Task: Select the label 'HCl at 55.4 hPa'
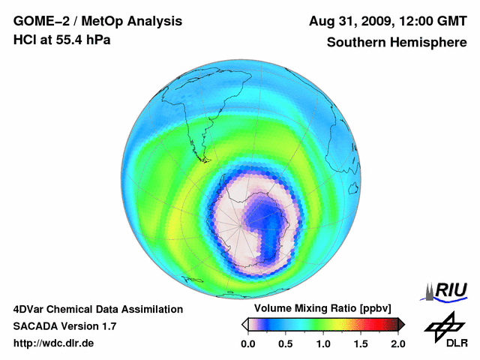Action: point(62,39)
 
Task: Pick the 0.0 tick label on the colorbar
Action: point(247,343)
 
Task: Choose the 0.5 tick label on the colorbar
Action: point(285,343)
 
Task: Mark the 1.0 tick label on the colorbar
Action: point(323,343)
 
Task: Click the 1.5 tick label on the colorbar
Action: point(361,343)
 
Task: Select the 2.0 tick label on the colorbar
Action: point(397,343)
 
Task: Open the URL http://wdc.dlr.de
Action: point(53,343)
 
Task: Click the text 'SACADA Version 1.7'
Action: point(64,326)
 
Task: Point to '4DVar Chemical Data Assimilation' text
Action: point(98,309)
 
